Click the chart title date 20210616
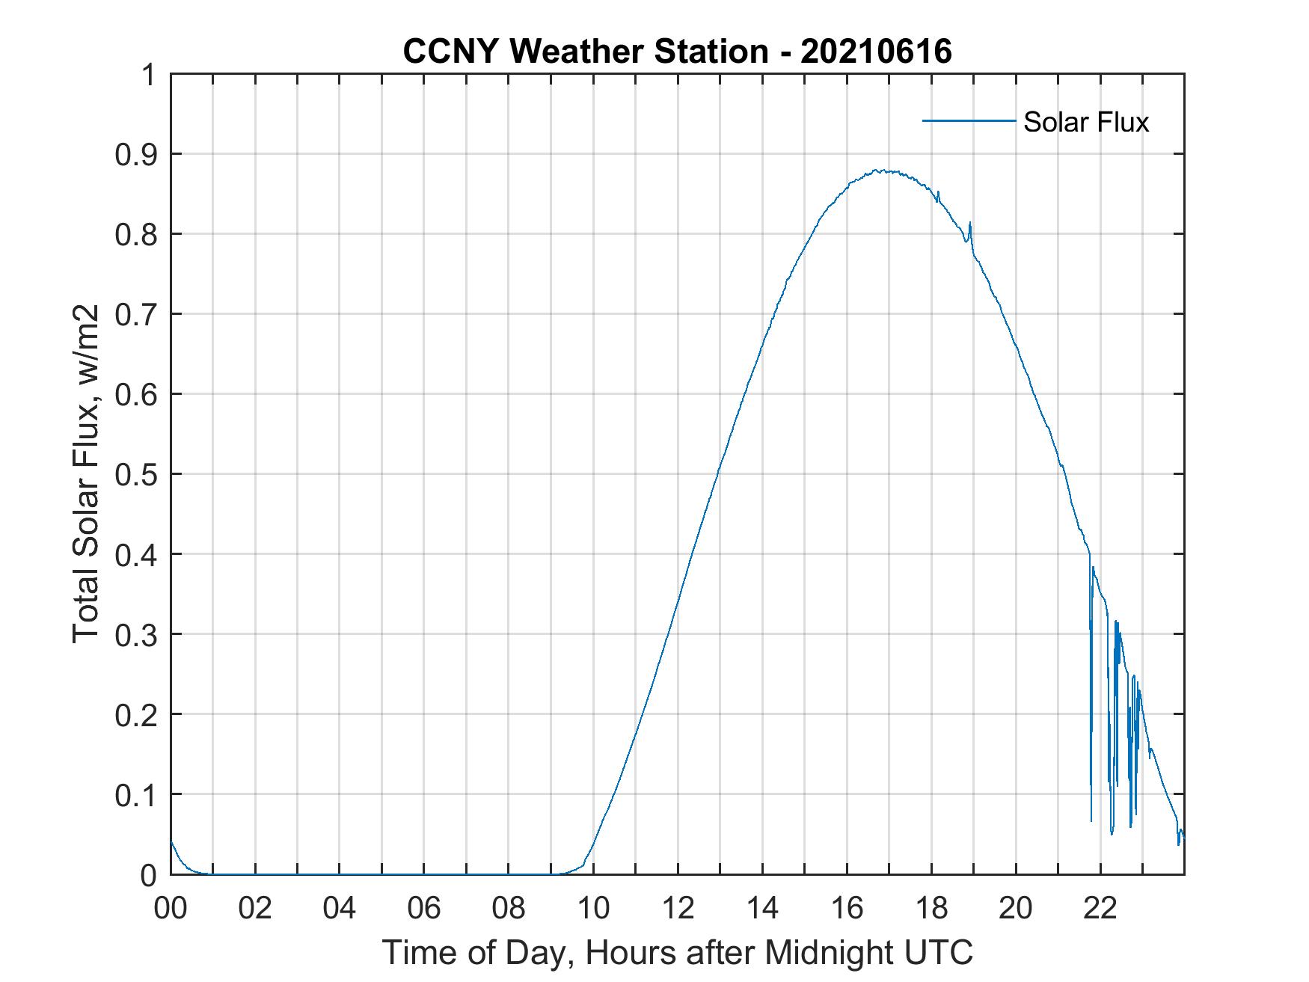point(876,52)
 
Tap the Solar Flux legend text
point(1085,122)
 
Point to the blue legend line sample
point(969,120)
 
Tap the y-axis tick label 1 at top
point(149,75)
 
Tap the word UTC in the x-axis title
point(939,952)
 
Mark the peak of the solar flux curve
point(883,171)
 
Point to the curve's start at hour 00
point(171,842)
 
